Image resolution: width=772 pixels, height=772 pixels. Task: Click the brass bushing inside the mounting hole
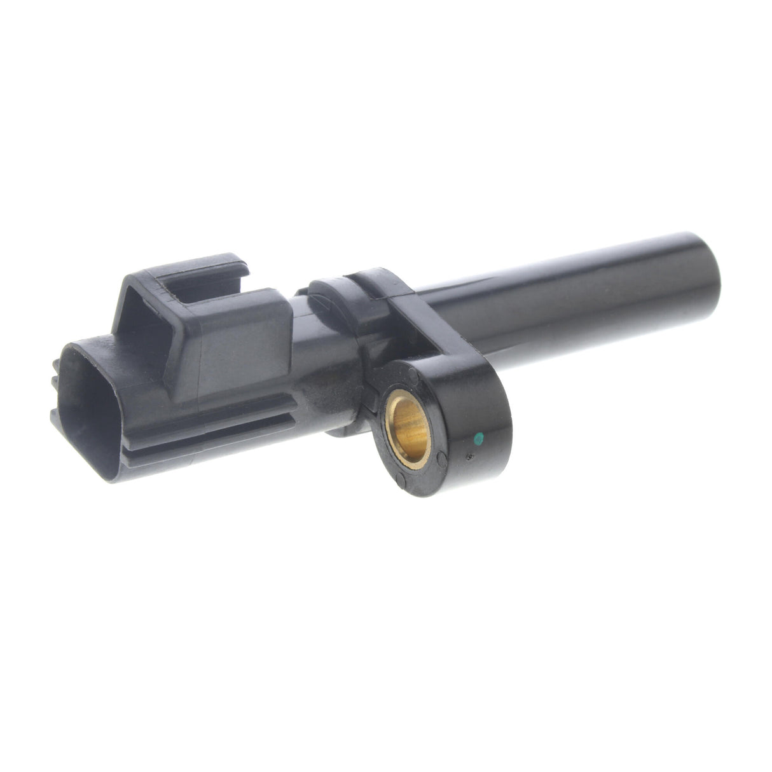point(408,426)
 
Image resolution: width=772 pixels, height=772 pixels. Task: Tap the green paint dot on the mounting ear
point(479,437)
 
